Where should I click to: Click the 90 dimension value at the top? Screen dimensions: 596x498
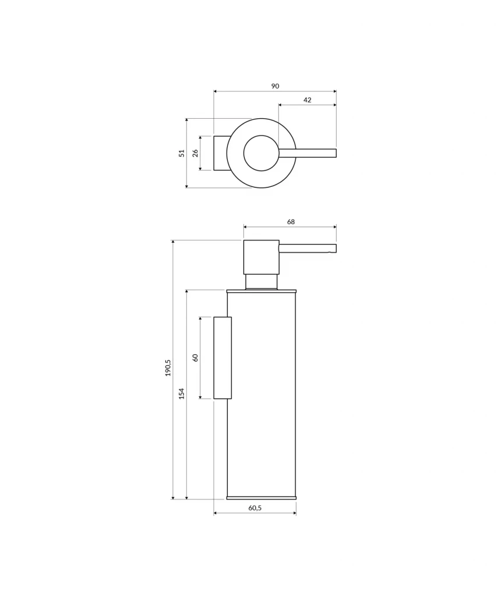(275, 86)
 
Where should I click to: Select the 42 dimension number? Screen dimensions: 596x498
(307, 100)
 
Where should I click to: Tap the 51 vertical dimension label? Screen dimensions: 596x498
(182, 153)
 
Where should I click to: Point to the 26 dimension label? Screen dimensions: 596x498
(195, 153)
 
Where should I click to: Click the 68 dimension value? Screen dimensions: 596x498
(291, 222)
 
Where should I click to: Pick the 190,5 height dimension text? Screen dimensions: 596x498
(168, 368)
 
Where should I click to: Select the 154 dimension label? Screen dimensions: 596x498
(181, 393)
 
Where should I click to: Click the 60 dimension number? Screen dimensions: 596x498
(195, 357)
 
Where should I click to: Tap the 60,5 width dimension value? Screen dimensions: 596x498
(255, 508)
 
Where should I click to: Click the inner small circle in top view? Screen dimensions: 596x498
(261, 153)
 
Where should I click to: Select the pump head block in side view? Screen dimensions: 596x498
(261, 257)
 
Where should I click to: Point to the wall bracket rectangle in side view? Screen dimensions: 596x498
(222, 357)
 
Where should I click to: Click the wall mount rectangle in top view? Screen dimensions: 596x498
(220, 153)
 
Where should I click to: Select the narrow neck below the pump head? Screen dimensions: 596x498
(261, 281)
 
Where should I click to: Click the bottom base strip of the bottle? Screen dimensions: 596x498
(261, 498)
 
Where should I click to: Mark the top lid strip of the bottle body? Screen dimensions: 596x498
(261, 290)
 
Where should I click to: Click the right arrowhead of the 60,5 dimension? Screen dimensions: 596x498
(294, 513)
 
